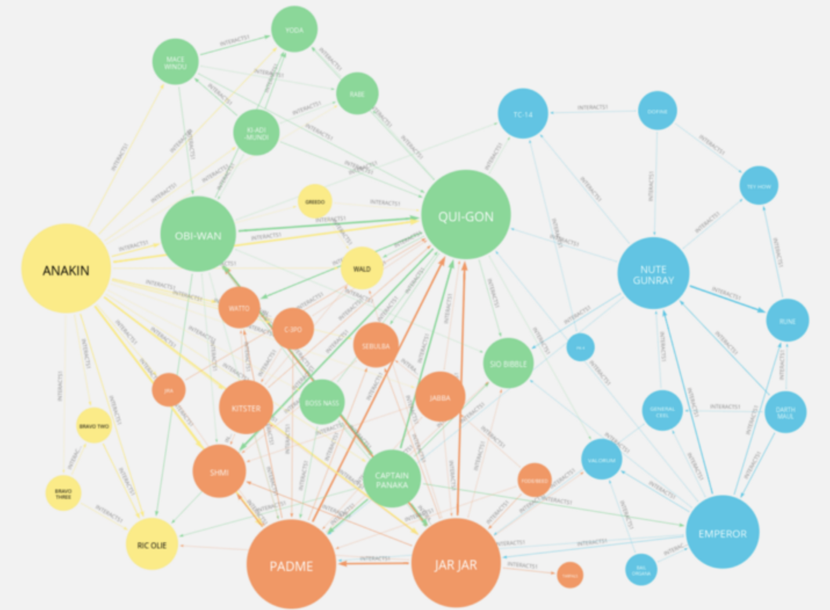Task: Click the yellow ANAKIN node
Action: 66,269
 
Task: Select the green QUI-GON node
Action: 465,215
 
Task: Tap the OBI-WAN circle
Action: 198,234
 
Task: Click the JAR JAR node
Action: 456,563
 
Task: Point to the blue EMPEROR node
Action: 722,532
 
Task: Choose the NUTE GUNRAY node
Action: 653,274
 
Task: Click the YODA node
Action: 294,30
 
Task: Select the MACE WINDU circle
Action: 175,62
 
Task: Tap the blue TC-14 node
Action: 522,114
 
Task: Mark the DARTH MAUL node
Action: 785,412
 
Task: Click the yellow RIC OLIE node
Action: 151,544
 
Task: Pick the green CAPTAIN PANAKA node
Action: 392,479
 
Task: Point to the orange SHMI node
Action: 219,471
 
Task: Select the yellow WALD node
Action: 362,268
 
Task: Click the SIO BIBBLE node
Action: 508,363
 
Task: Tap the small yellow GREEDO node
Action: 315,201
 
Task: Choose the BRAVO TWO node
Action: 94,426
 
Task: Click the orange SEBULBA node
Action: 376,346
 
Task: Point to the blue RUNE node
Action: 787,321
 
